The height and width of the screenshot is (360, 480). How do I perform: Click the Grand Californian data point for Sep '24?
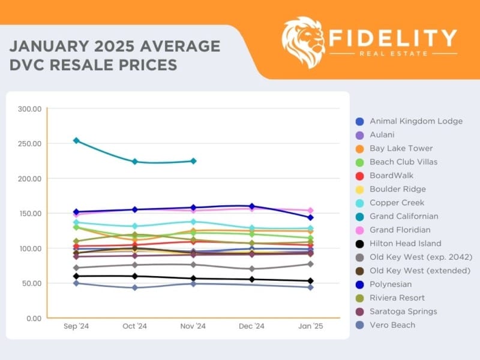coord(76,140)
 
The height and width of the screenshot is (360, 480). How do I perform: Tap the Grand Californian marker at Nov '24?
coord(193,161)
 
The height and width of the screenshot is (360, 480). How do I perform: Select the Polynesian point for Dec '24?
coord(251,206)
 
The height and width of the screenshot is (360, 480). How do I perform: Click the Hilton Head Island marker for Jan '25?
coord(310,281)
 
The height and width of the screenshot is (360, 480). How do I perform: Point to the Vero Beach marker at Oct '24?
coord(135,287)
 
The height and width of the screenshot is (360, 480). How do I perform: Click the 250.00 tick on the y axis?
coord(29,144)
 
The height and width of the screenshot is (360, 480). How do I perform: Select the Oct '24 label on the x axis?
coord(135,327)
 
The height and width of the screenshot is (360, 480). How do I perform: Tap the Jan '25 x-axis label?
coord(310,327)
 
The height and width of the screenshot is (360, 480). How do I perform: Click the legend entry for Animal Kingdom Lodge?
coord(416,121)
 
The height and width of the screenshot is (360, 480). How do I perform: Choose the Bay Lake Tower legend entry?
coord(401,148)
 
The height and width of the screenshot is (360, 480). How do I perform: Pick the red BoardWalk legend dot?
coord(359,176)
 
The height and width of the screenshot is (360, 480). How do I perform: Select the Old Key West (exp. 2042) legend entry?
coord(420,257)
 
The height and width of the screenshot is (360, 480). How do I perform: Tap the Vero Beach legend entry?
coord(392,325)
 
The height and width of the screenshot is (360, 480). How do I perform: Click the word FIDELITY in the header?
coord(393,37)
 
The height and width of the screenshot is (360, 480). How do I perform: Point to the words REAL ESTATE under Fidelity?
coord(393,54)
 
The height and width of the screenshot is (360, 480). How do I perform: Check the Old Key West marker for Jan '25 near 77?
coord(310,264)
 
